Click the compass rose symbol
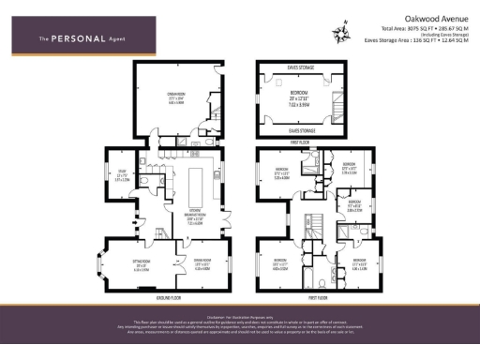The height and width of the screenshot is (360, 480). (337, 34)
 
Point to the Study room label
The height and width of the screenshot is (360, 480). (122, 172)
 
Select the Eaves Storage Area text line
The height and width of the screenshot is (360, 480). (410, 40)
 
